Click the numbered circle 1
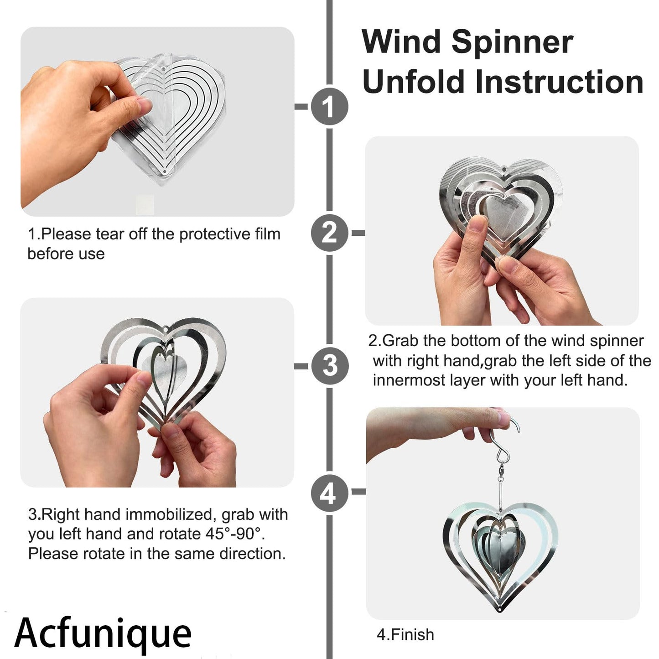click(x=329, y=107)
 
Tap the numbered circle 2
click(x=329, y=233)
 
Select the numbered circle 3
click(x=329, y=366)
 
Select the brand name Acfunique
click(x=103, y=633)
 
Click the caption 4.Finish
click(x=405, y=634)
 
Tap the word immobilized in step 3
click(x=171, y=514)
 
